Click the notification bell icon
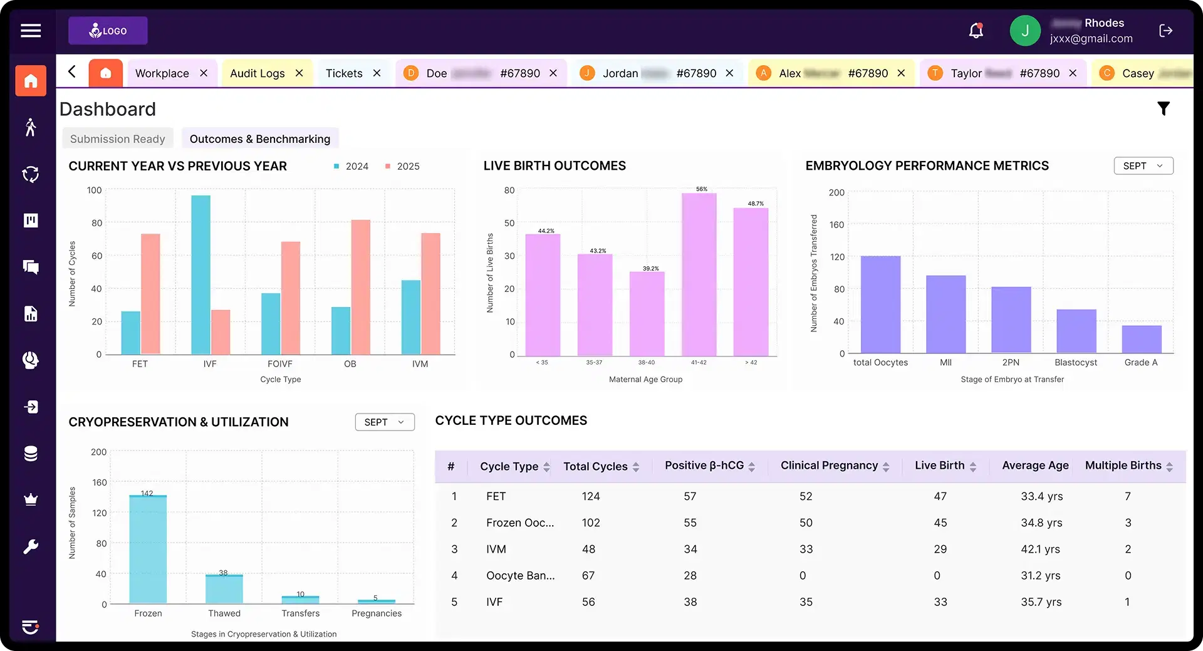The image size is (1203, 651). [x=976, y=31]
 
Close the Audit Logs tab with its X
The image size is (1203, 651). [x=299, y=73]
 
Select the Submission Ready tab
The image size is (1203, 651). [x=117, y=139]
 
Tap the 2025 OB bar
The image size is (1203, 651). [x=360, y=287]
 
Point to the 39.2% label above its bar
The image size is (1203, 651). [x=650, y=269]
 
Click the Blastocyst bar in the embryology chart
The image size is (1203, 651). [x=1076, y=331]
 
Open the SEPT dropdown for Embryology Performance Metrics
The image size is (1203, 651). [x=1143, y=166]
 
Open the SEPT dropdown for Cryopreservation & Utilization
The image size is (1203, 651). [x=384, y=422]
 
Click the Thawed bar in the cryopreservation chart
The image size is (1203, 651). [x=224, y=589]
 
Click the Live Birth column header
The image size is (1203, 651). [x=939, y=466]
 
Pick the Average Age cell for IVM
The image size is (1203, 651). [x=1040, y=549]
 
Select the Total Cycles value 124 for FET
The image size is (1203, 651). [x=590, y=497]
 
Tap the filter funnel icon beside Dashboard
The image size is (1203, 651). [x=1163, y=109]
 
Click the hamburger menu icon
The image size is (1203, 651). [x=31, y=31]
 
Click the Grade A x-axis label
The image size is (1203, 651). [x=1140, y=363]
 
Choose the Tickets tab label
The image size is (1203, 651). [x=344, y=73]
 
